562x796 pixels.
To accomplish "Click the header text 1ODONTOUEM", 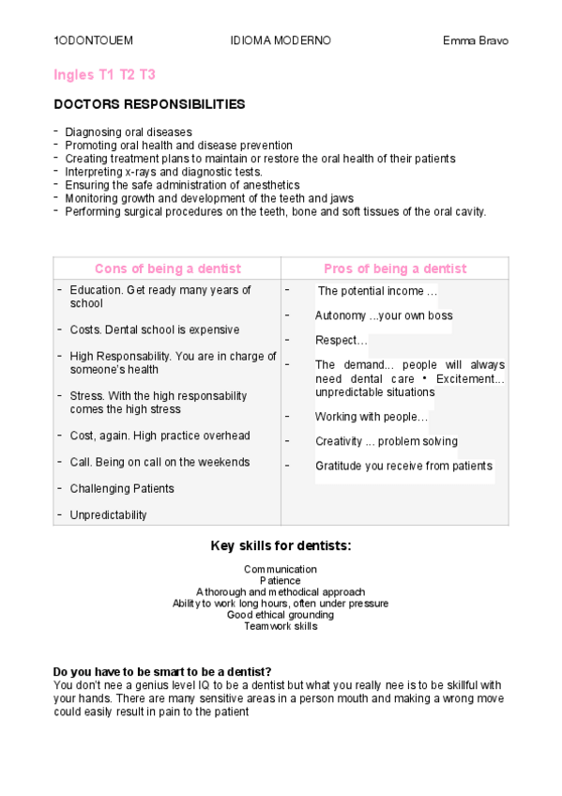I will pyautogui.click(x=93, y=41).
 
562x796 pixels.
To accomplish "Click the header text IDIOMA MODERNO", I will pyautogui.click(x=281, y=41).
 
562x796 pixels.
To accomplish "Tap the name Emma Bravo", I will pyautogui.click(x=476, y=41).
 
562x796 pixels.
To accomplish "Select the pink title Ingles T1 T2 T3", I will pyautogui.click(x=104, y=74).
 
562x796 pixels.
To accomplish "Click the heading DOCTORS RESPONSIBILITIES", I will pyautogui.click(x=149, y=104).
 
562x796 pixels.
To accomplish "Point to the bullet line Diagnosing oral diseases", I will pyautogui.click(x=129, y=132).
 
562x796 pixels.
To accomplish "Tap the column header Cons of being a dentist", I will pyautogui.click(x=168, y=268).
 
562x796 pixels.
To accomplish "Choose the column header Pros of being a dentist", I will pyautogui.click(x=395, y=268).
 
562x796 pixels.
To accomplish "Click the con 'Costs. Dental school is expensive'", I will pyautogui.click(x=155, y=329).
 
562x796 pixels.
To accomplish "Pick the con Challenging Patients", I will pyautogui.click(x=122, y=488).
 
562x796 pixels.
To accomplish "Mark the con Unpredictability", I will pyautogui.click(x=108, y=514).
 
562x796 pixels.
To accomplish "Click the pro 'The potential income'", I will pyautogui.click(x=377, y=292).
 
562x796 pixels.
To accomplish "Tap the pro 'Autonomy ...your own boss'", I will pyautogui.click(x=384, y=315).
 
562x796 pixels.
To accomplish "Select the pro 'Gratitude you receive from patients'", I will pyautogui.click(x=403, y=466).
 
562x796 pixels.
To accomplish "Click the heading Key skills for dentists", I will pyautogui.click(x=281, y=545).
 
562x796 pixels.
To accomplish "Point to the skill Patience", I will pyautogui.click(x=281, y=581).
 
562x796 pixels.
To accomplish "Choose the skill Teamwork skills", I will pyautogui.click(x=281, y=626).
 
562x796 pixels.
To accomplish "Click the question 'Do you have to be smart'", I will pyautogui.click(x=162, y=671).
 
